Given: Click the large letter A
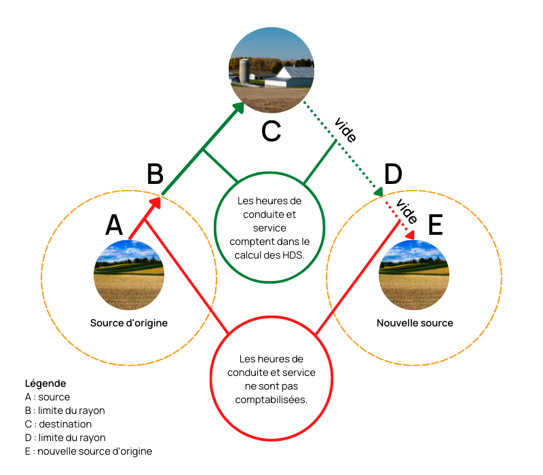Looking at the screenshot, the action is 114,225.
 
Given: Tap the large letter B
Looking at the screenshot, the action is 155,174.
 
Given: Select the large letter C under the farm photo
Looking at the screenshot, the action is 271,131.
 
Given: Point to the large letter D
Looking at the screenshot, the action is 394,174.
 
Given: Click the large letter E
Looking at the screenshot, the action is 436,225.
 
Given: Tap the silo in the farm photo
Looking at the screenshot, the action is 244,71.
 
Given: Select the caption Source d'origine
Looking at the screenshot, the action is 129,323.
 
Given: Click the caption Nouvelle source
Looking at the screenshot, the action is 415,323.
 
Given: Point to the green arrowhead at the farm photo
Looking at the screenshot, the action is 240,107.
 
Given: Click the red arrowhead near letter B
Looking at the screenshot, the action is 155,203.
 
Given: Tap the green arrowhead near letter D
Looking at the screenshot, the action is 379,192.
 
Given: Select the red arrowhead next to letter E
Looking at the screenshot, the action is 411,235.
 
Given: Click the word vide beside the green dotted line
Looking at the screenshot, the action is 345,130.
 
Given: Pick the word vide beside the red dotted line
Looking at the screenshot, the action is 407,211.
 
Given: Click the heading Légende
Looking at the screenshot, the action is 45,383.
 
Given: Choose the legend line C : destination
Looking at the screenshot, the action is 58,424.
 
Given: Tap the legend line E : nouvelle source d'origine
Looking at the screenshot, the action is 88,451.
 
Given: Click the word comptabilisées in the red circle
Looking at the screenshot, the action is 271,400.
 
